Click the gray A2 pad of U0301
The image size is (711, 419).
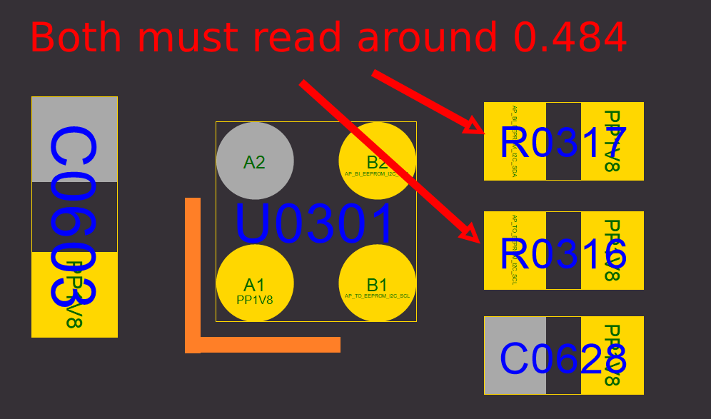tap(255, 161)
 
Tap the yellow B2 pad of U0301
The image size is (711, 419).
tap(377, 161)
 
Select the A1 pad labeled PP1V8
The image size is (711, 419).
tap(255, 283)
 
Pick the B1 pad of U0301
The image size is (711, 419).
tap(377, 283)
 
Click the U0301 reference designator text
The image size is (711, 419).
tap(315, 223)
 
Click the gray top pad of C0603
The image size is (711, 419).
tap(74, 139)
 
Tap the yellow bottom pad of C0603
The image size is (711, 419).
tap(74, 294)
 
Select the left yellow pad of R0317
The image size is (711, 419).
tap(515, 141)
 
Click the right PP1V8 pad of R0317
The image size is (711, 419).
tap(612, 141)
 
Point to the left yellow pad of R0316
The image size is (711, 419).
tap(515, 251)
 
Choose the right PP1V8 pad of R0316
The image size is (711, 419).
tap(612, 251)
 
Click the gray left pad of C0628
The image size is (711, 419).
tap(515, 355)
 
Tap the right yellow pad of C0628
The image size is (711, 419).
tap(612, 355)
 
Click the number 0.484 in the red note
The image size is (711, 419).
tap(570, 38)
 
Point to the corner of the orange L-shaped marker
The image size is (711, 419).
tap(193, 345)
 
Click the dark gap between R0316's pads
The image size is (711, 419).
tap(563, 251)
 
